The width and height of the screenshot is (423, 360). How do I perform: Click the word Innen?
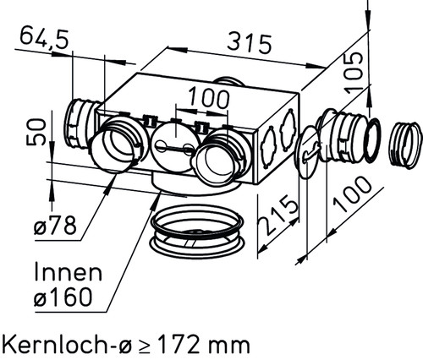[68, 272]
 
